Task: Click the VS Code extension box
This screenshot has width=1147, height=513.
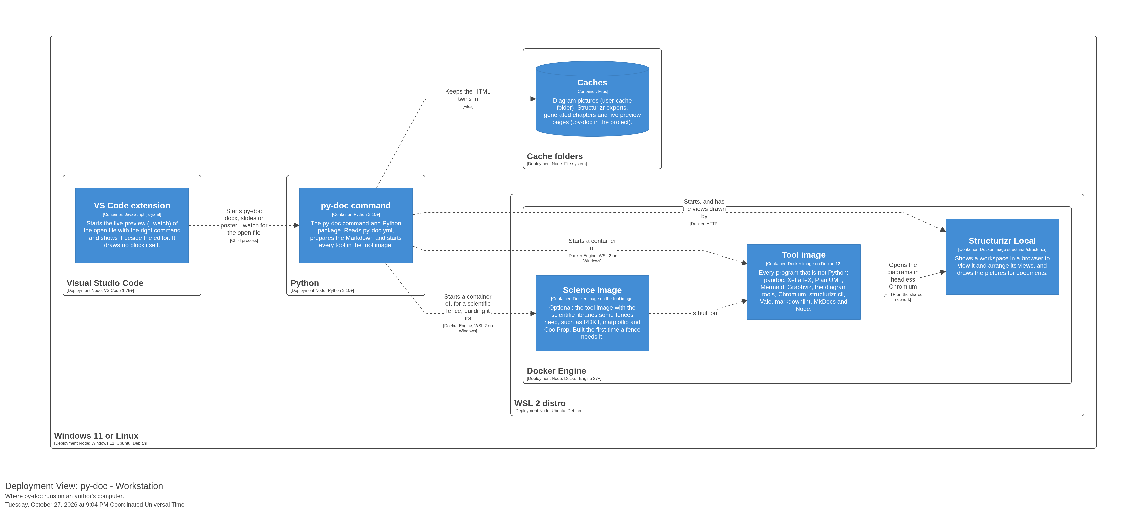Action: coord(132,225)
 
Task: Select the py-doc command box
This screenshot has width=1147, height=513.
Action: coord(356,225)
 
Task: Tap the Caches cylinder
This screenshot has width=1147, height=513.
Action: coord(592,99)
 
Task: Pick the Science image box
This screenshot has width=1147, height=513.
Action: coord(592,313)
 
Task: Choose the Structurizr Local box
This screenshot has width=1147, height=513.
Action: coord(1002,257)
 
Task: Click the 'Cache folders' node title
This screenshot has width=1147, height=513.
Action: coord(555,156)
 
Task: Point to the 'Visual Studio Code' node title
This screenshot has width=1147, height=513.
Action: coord(105,283)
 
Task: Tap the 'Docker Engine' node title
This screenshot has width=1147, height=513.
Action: coord(557,371)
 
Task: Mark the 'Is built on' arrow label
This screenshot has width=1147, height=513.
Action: coord(704,313)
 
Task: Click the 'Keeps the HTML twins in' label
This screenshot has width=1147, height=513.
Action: coord(468,95)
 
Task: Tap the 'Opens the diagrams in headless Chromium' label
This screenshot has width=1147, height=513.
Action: coord(903,276)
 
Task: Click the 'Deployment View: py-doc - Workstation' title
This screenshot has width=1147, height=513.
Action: coord(84,486)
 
